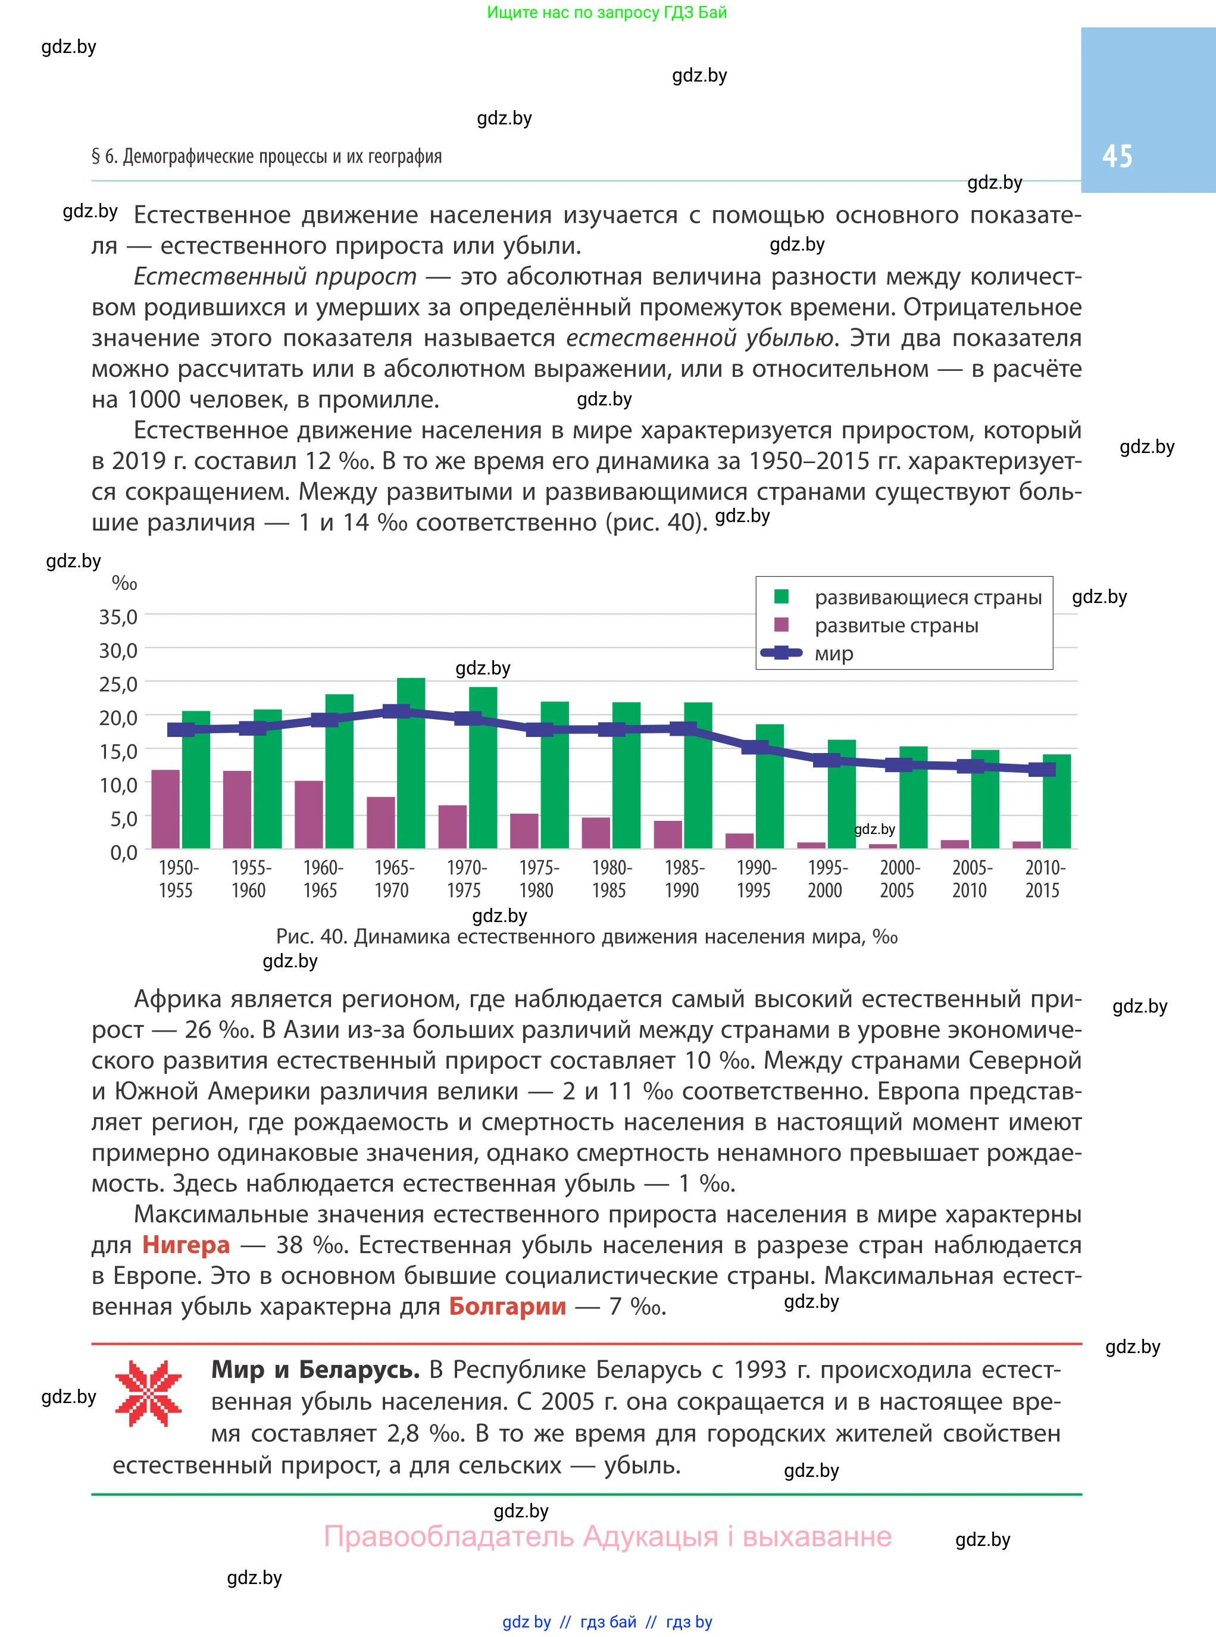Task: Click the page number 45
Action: pyautogui.click(x=1117, y=156)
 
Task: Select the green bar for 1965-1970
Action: pyautogui.click(x=411, y=766)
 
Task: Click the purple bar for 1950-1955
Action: pyautogui.click(x=165, y=809)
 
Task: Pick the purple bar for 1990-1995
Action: pyautogui.click(x=739, y=841)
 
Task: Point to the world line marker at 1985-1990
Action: pyautogui.click(x=683, y=729)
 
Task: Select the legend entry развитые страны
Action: pyautogui.click(x=896, y=626)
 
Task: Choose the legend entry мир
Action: pyautogui.click(x=833, y=654)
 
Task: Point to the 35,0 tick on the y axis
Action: pyautogui.click(x=118, y=617)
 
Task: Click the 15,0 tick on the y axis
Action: pyautogui.click(x=118, y=751)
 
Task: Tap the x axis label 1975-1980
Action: pyautogui.click(x=537, y=879)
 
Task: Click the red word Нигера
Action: pyautogui.click(x=186, y=1245)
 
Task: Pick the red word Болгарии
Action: pyautogui.click(x=507, y=1307)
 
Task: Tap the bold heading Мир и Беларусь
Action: pyautogui.click(x=315, y=1370)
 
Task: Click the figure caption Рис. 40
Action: pyautogui.click(x=586, y=937)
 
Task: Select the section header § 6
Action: pyautogui.click(x=267, y=156)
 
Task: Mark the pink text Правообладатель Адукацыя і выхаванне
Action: pyautogui.click(x=607, y=1536)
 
